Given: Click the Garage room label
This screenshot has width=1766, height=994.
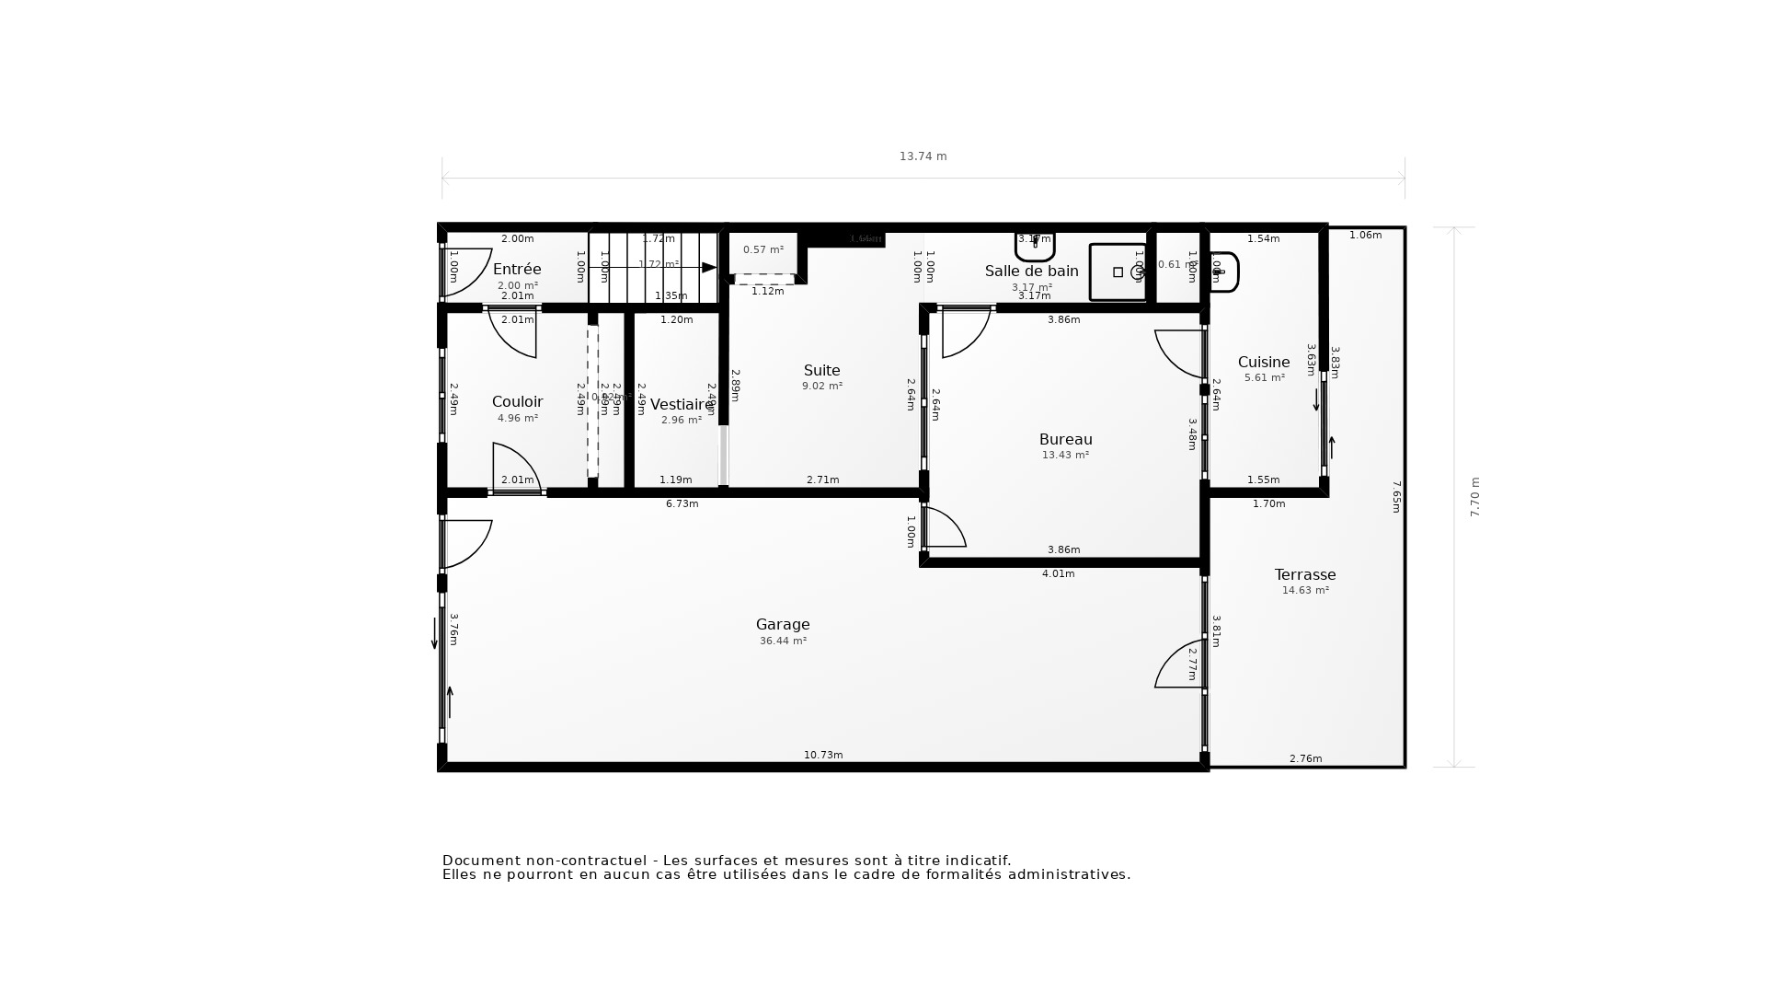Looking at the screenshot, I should coord(783,624).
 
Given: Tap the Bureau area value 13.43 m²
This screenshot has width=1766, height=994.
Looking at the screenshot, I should coord(1065,456).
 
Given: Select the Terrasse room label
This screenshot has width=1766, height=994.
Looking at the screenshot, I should coord(1304,574).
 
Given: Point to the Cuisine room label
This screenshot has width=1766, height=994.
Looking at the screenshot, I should coord(1263,362).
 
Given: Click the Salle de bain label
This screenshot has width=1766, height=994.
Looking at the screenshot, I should coord(1031,271).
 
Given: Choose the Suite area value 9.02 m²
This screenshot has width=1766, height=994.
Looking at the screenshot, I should coord(821,387).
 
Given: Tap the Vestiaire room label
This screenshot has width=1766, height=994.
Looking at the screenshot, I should coord(681,404).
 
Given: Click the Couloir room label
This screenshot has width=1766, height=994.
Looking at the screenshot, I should coord(517,401).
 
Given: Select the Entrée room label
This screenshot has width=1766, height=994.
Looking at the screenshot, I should coord(517,269).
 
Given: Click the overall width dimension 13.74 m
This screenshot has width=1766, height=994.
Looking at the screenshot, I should coord(923,156).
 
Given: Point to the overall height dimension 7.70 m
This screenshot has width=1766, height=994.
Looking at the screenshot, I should coord(1474,497).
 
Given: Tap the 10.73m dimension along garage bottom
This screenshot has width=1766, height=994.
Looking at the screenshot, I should coord(823,755).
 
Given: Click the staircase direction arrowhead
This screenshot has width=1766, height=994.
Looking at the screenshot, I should coord(709,268).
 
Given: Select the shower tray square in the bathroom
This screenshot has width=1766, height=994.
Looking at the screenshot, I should coord(1118,272).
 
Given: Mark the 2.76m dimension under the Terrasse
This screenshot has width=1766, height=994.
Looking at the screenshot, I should coord(1305,758).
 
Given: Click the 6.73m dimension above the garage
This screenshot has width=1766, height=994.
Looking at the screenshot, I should coord(682,503).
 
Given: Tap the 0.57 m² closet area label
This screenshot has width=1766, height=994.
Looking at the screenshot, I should coord(763,249).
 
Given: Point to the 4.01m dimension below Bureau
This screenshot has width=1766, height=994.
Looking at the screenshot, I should coord(1058,573).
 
